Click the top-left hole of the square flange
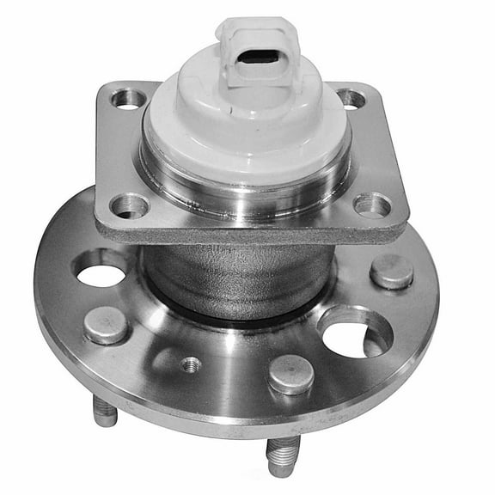coord(127,100)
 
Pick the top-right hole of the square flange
coord(351,98)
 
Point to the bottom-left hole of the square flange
coord(130,206)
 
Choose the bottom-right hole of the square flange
coord(372,205)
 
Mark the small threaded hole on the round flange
coord(191,364)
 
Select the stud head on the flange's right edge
coord(392,272)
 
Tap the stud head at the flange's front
coord(290,375)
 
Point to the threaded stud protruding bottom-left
coord(105,412)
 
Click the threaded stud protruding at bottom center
coord(282,456)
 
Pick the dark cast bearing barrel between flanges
coord(232,275)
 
